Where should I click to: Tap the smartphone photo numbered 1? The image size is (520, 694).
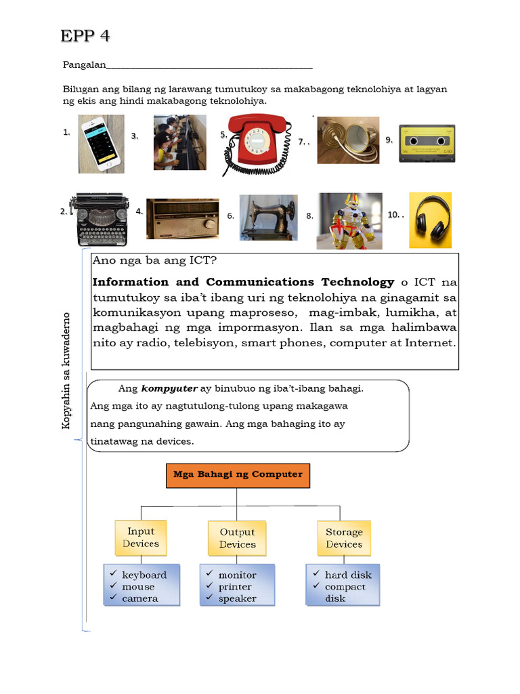point(102,143)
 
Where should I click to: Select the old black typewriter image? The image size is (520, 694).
point(102,218)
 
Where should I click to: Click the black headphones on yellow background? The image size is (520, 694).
point(430,220)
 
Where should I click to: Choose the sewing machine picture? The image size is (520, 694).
point(268,218)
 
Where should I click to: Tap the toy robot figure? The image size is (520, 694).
point(349,220)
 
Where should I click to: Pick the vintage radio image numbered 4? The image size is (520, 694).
point(183,218)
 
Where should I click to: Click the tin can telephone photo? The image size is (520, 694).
point(348,140)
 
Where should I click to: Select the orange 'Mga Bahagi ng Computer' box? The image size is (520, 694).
point(238,475)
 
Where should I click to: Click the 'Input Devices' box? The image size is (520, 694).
point(141,538)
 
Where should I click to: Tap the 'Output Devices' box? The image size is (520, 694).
point(237,539)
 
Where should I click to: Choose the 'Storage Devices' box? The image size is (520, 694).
point(344,539)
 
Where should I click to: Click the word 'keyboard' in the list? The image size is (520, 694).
point(144,575)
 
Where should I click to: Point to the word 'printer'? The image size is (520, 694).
point(235,587)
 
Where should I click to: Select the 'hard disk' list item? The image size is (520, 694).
point(348,575)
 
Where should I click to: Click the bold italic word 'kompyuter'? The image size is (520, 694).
point(169,389)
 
